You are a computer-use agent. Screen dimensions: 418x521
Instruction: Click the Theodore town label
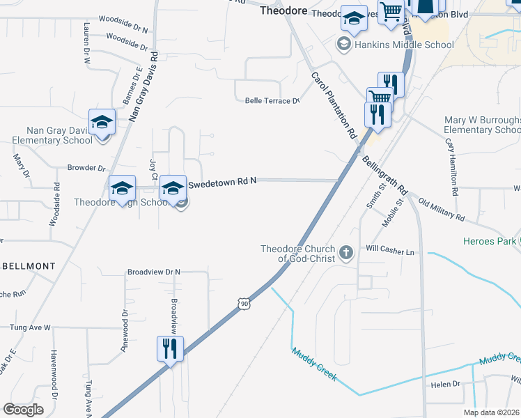coord(283,11)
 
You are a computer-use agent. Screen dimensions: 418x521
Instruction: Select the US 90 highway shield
coord(242,303)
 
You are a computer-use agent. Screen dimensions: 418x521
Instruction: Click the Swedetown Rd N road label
coord(223,180)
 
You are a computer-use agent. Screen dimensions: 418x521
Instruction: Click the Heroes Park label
coord(489,242)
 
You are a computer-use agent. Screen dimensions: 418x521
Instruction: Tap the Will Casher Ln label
coord(390,250)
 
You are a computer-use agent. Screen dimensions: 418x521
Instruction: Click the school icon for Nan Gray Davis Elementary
coord(102,122)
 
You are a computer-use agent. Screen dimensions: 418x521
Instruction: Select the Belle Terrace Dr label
coord(272,101)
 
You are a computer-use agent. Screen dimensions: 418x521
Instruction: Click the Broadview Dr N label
coord(153,272)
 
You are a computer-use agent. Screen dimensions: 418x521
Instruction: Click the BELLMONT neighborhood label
coord(29,266)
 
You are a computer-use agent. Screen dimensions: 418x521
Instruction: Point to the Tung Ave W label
coord(31,327)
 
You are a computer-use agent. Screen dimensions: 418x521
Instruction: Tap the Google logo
coord(24,409)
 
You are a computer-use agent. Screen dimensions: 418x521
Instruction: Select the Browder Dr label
coord(86,168)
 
